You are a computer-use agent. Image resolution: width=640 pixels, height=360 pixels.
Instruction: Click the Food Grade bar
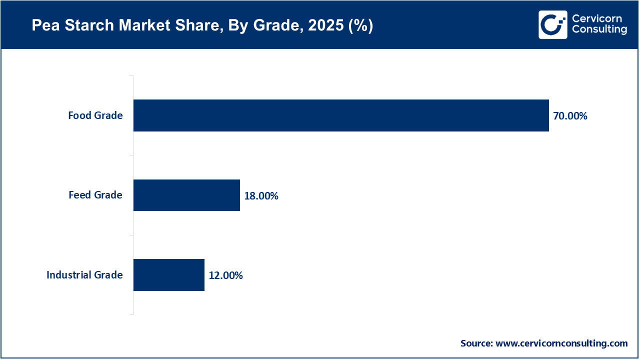coord(341,115)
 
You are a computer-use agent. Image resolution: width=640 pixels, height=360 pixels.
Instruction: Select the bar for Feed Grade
coord(186,195)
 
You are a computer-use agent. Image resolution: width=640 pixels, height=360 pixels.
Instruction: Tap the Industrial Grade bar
coord(169,275)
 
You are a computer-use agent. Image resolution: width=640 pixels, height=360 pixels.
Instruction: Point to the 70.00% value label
coord(570,116)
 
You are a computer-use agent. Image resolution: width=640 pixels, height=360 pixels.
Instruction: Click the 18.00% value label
coord(261,196)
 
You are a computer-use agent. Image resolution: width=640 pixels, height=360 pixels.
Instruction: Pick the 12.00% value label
coord(225,275)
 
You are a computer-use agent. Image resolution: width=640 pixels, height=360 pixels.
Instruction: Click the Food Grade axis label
coord(95,115)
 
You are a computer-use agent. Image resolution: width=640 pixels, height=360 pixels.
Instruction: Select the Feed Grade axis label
coord(95,195)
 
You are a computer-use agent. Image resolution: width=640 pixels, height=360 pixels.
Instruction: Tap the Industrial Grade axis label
coord(84,275)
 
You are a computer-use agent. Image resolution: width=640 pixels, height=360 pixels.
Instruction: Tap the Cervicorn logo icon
coord(552,24)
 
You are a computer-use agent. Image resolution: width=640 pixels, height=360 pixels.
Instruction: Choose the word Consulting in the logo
coord(599,30)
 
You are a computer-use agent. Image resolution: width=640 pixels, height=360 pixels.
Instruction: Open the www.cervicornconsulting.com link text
coord(561,343)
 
